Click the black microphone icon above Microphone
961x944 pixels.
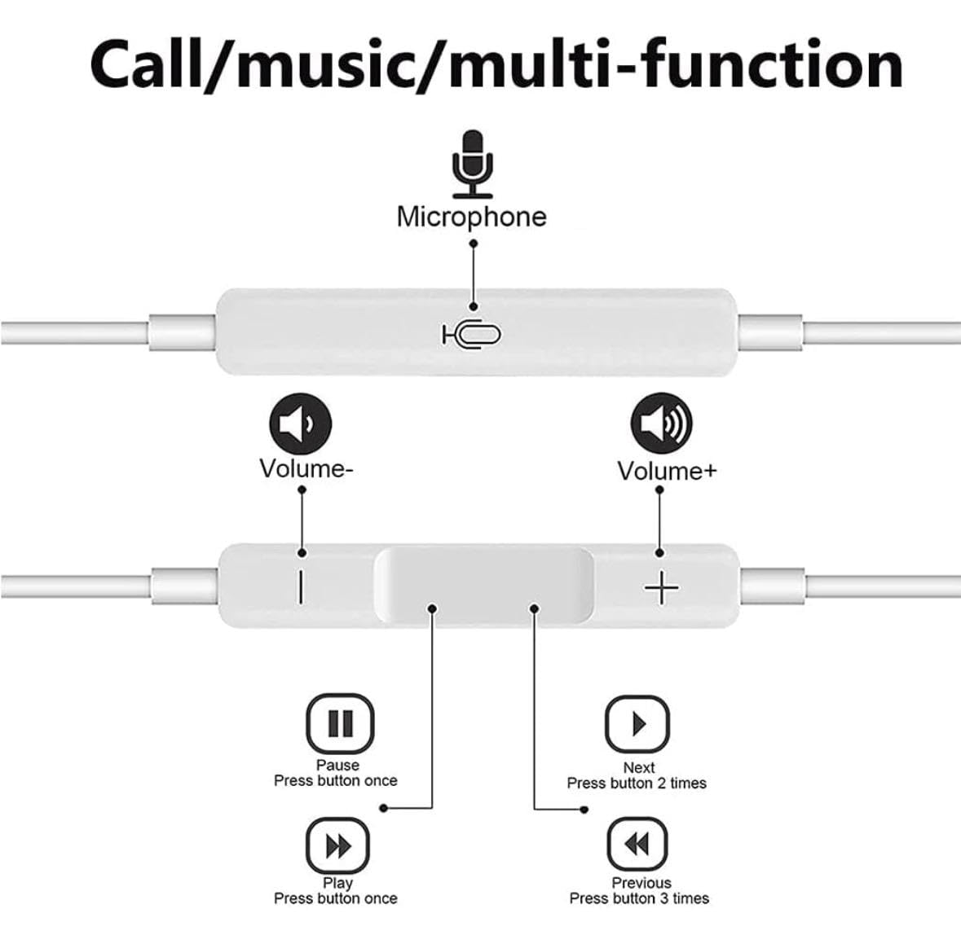[473, 164]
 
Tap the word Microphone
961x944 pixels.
[471, 217]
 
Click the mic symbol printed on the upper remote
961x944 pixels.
[471, 335]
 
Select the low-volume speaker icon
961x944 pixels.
[300, 424]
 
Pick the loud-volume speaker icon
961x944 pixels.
[661, 424]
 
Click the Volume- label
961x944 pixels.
[306, 468]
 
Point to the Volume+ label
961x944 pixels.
[667, 471]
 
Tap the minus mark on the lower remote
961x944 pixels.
[300, 587]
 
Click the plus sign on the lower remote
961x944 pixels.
[661, 587]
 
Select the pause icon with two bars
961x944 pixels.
[340, 723]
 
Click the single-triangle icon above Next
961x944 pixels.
[637, 724]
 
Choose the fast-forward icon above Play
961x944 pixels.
[337, 846]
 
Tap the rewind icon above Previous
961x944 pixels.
[637, 844]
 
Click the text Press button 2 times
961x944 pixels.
[637, 784]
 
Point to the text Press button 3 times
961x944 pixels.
[639, 898]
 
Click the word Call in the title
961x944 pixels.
[146, 64]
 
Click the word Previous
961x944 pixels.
[641, 884]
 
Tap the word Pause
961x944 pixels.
[337, 765]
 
